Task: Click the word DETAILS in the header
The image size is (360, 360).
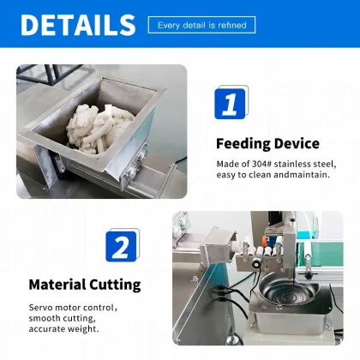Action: coord(77,24)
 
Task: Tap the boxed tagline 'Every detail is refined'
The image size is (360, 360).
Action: coord(201,25)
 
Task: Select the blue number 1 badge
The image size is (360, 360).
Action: coord(230,104)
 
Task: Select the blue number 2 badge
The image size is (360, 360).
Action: coord(122,247)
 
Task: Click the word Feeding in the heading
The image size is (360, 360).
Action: coord(243,143)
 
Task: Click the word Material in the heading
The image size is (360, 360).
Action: coord(59,285)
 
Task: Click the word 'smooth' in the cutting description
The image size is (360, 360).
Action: coord(47,318)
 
